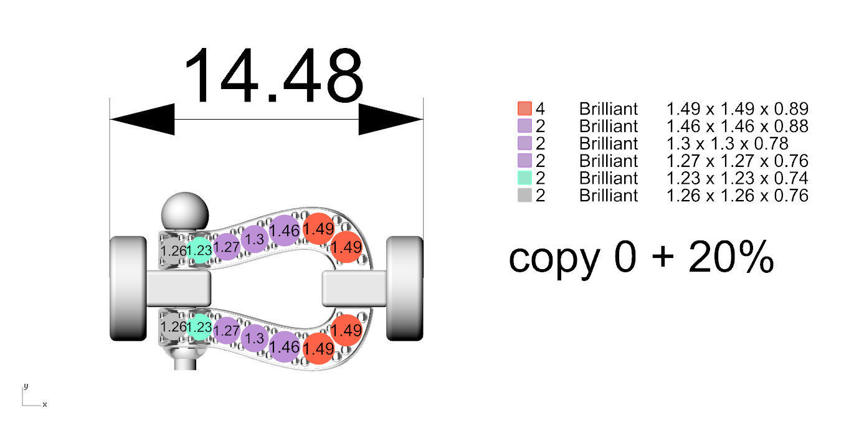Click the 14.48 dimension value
click(x=273, y=76)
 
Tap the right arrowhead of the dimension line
click(x=391, y=118)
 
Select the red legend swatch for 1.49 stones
click(x=524, y=108)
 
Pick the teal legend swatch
click(x=524, y=178)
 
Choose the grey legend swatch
click(x=524, y=196)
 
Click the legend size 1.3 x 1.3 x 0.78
click(x=727, y=143)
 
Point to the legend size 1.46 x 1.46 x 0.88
click(x=737, y=126)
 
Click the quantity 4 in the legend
click(x=540, y=108)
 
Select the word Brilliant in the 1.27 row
click(x=609, y=161)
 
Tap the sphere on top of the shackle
click(x=184, y=211)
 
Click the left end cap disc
click(x=127, y=288)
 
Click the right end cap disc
click(x=405, y=288)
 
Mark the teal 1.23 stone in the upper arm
click(x=199, y=250)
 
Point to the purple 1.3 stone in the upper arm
click(x=254, y=239)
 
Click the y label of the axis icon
click(x=26, y=386)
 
